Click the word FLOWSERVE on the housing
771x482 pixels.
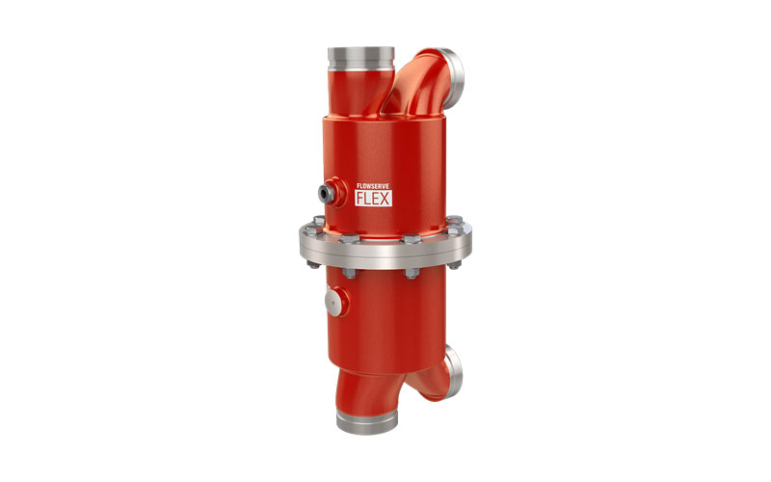tap(373, 186)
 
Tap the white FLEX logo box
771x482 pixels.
tap(374, 199)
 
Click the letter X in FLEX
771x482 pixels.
tap(385, 199)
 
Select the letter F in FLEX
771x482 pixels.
tap(360, 199)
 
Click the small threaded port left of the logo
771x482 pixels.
tap(327, 193)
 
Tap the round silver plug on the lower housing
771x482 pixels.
tap(333, 301)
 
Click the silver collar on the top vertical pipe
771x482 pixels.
tap(360, 59)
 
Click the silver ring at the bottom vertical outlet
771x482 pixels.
tap(367, 422)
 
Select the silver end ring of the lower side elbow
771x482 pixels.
tap(453, 371)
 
